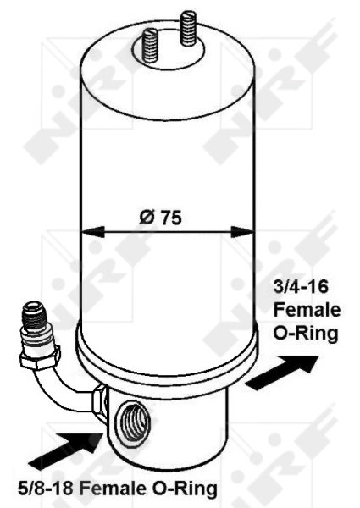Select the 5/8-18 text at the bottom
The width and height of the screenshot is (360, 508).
(x=40, y=489)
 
